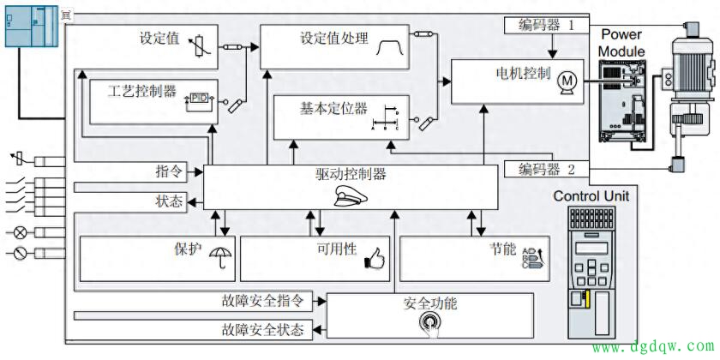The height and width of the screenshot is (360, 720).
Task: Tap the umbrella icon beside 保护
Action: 221,255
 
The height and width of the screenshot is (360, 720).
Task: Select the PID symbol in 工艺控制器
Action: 199,99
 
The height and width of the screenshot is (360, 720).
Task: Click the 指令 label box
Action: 170,171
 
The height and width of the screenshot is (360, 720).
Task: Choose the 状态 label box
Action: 170,201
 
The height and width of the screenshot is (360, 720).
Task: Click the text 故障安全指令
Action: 262,301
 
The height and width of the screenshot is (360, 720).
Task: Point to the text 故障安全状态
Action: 262,329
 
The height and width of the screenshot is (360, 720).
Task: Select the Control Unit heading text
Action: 591,196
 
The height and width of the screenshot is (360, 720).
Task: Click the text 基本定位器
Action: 333,110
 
